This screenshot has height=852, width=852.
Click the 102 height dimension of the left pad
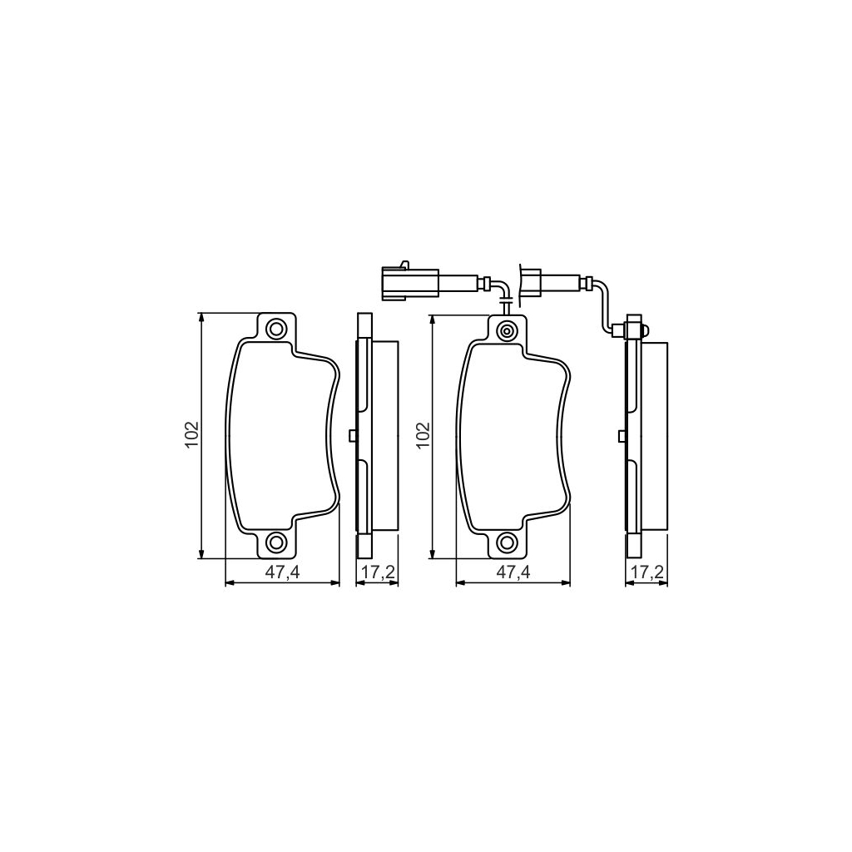(192, 435)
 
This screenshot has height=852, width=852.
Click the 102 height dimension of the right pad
(423, 435)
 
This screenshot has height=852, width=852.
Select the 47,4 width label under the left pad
(283, 572)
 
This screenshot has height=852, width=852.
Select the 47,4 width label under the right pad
(513, 572)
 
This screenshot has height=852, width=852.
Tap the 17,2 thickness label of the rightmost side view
(646, 572)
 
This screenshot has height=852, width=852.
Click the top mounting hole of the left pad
(275, 329)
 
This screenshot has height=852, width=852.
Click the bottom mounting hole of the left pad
(275, 543)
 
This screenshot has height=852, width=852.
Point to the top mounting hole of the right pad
(506, 331)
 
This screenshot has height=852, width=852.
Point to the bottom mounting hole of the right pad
(506, 543)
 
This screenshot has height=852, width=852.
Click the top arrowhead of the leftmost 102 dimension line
(201, 317)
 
